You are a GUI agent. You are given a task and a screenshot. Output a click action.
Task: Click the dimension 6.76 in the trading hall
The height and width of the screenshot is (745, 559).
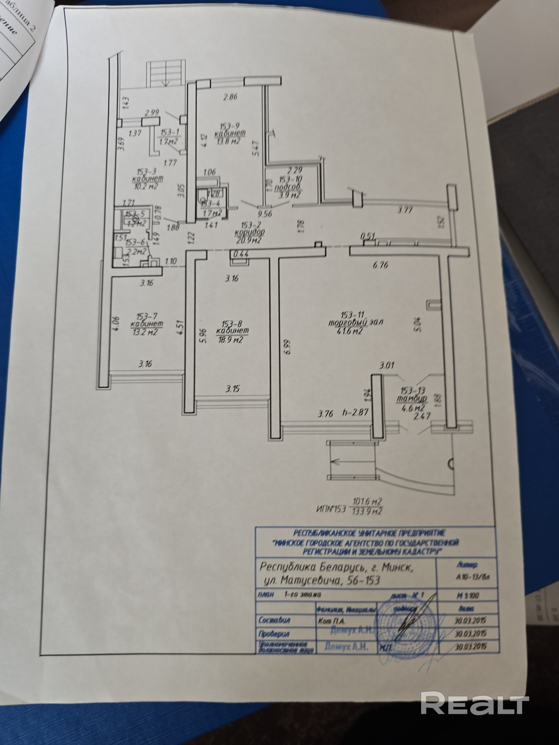380,265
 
